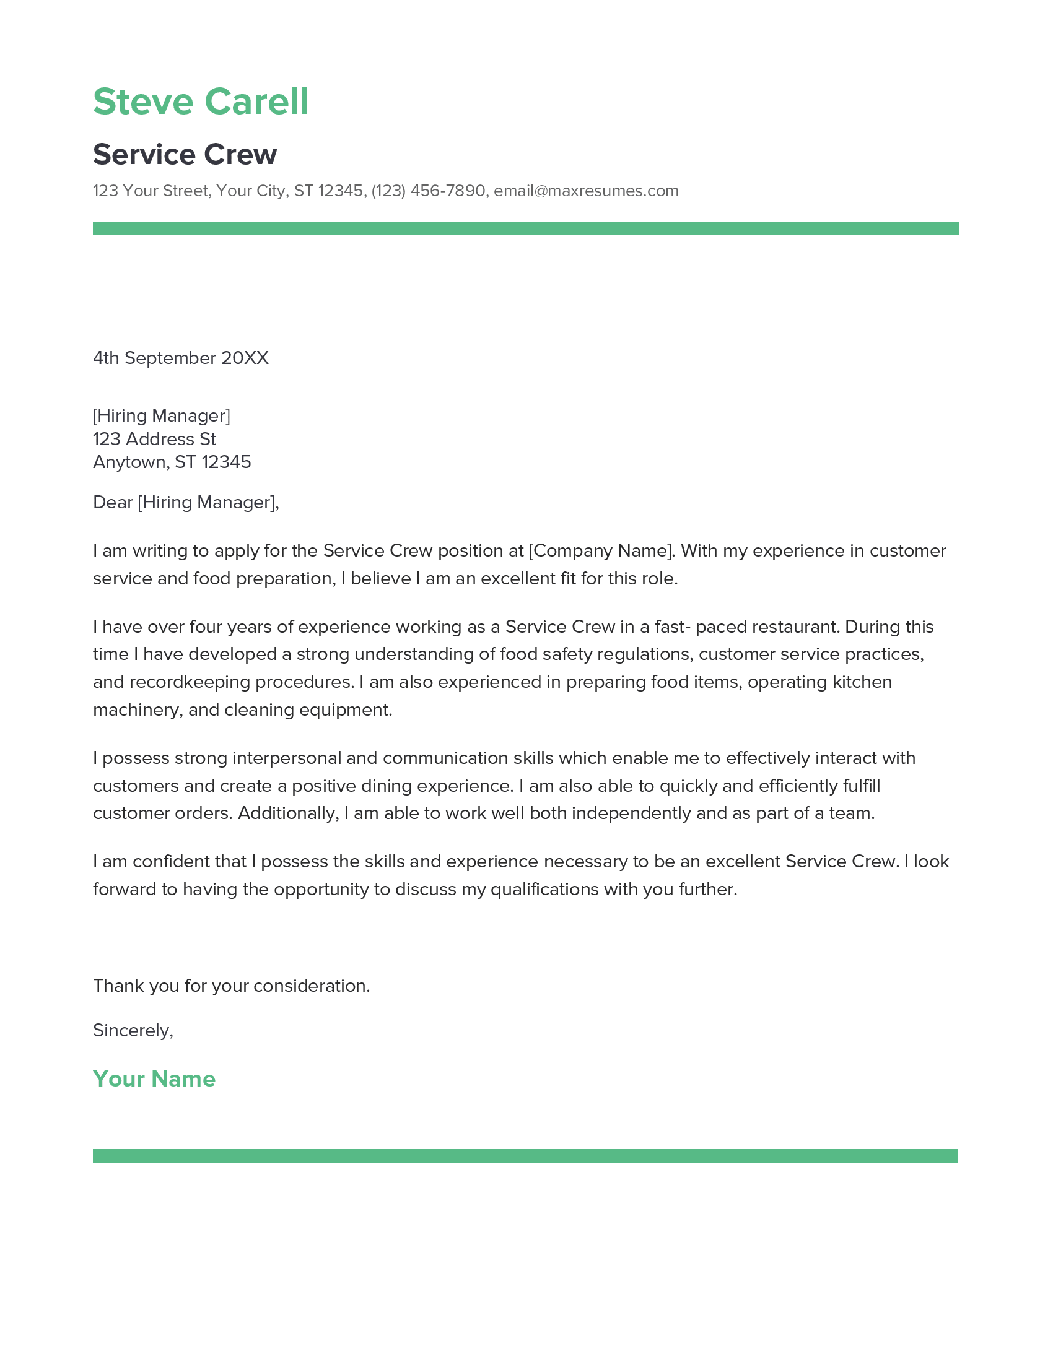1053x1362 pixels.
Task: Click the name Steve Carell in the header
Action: click(200, 102)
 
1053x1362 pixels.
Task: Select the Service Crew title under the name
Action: click(185, 154)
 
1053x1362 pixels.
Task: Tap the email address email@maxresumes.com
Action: click(586, 191)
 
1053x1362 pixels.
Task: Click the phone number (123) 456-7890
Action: click(428, 191)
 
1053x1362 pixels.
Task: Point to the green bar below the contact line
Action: click(525, 228)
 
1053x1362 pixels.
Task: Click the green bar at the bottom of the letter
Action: click(525, 1156)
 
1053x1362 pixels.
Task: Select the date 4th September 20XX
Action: click(180, 358)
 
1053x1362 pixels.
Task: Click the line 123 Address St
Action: click(154, 439)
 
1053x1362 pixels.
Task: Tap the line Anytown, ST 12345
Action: click(172, 462)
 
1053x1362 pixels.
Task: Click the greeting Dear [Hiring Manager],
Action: click(186, 502)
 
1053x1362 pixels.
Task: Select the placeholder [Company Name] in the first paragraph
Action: click(601, 550)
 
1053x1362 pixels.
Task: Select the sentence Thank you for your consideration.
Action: click(232, 986)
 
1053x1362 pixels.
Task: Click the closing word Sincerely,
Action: click(133, 1030)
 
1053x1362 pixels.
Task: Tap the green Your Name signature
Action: click(154, 1078)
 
